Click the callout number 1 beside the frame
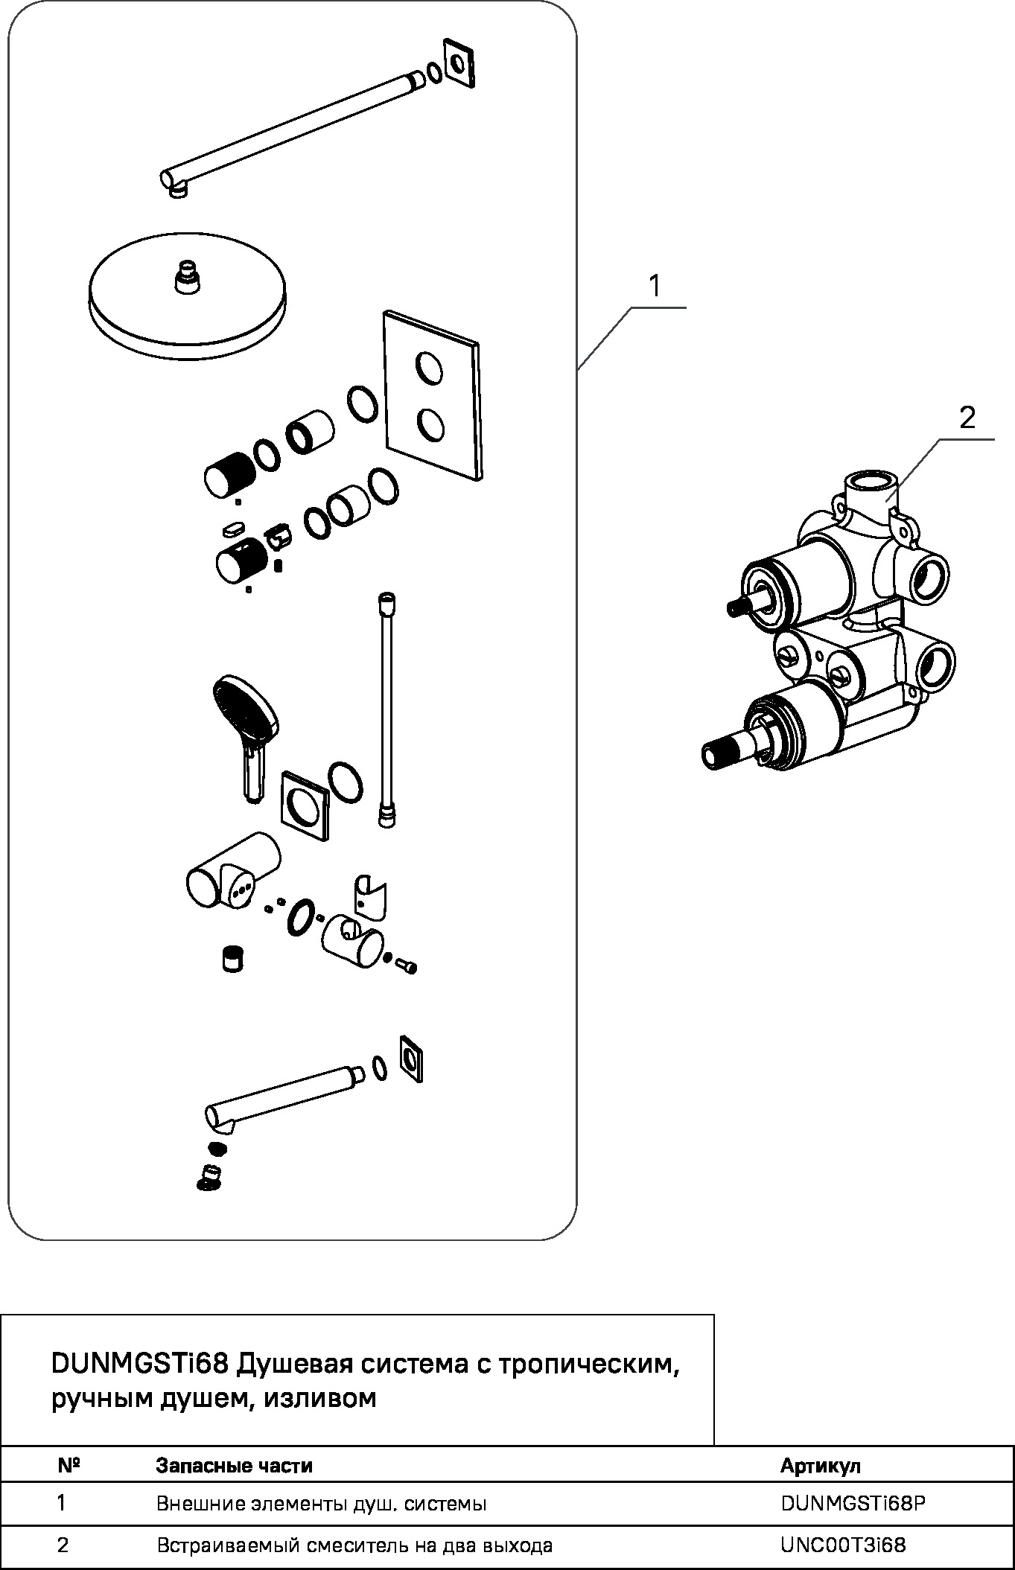click(655, 286)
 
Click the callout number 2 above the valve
click(967, 418)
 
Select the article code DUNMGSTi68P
click(853, 1504)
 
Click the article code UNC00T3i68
click(843, 1545)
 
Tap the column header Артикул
click(820, 1466)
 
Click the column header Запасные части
click(234, 1466)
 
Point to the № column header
click(69, 1465)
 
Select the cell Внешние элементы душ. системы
click(322, 1504)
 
